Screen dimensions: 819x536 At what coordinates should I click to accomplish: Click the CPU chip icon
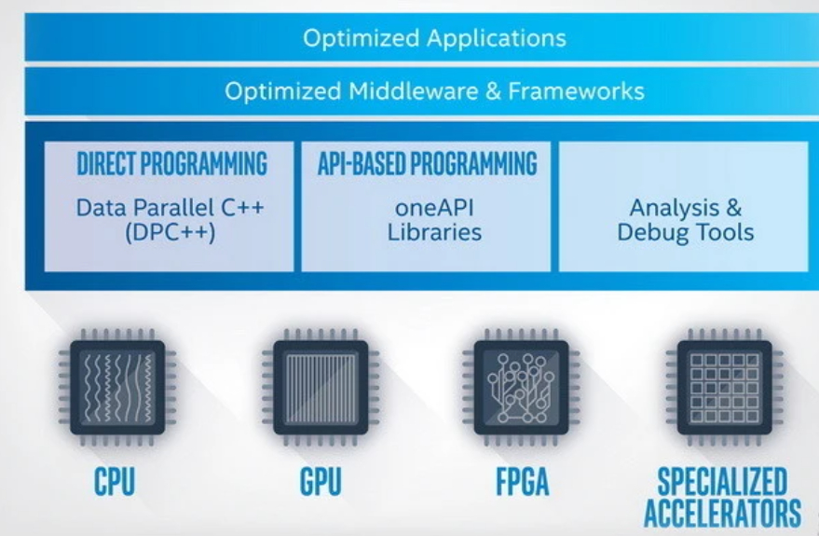(x=117, y=387)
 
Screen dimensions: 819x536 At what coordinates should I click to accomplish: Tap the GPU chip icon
(x=321, y=387)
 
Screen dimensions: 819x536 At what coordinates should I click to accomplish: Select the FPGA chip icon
(x=521, y=387)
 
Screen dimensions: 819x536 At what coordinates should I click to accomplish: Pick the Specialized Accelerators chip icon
(x=725, y=387)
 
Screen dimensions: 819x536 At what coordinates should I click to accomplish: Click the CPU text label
(x=115, y=481)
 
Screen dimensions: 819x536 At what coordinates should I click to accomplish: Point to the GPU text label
(x=321, y=481)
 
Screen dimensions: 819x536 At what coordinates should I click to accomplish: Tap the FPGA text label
(x=523, y=481)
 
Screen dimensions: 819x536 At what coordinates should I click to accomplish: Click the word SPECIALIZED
(x=722, y=481)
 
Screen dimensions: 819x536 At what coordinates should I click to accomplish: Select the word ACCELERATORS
(x=722, y=513)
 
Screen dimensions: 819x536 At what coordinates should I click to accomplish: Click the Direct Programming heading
(x=171, y=163)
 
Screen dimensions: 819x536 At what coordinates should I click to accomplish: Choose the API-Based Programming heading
(x=428, y=163)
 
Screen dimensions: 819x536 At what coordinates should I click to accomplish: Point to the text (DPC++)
(x=171, y=232)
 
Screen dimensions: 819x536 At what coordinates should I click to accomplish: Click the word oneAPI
(x=434, y=207)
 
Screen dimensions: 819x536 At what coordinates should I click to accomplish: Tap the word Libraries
(x=434, y=232)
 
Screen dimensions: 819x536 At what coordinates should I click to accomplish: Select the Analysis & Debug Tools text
(x=685, y=220)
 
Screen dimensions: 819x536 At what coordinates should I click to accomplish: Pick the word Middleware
(x=414, y=91)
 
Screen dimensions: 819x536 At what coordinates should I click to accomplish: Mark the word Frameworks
(x=576, y=91)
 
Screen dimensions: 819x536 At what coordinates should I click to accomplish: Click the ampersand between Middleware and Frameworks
(x=493, y=91)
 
